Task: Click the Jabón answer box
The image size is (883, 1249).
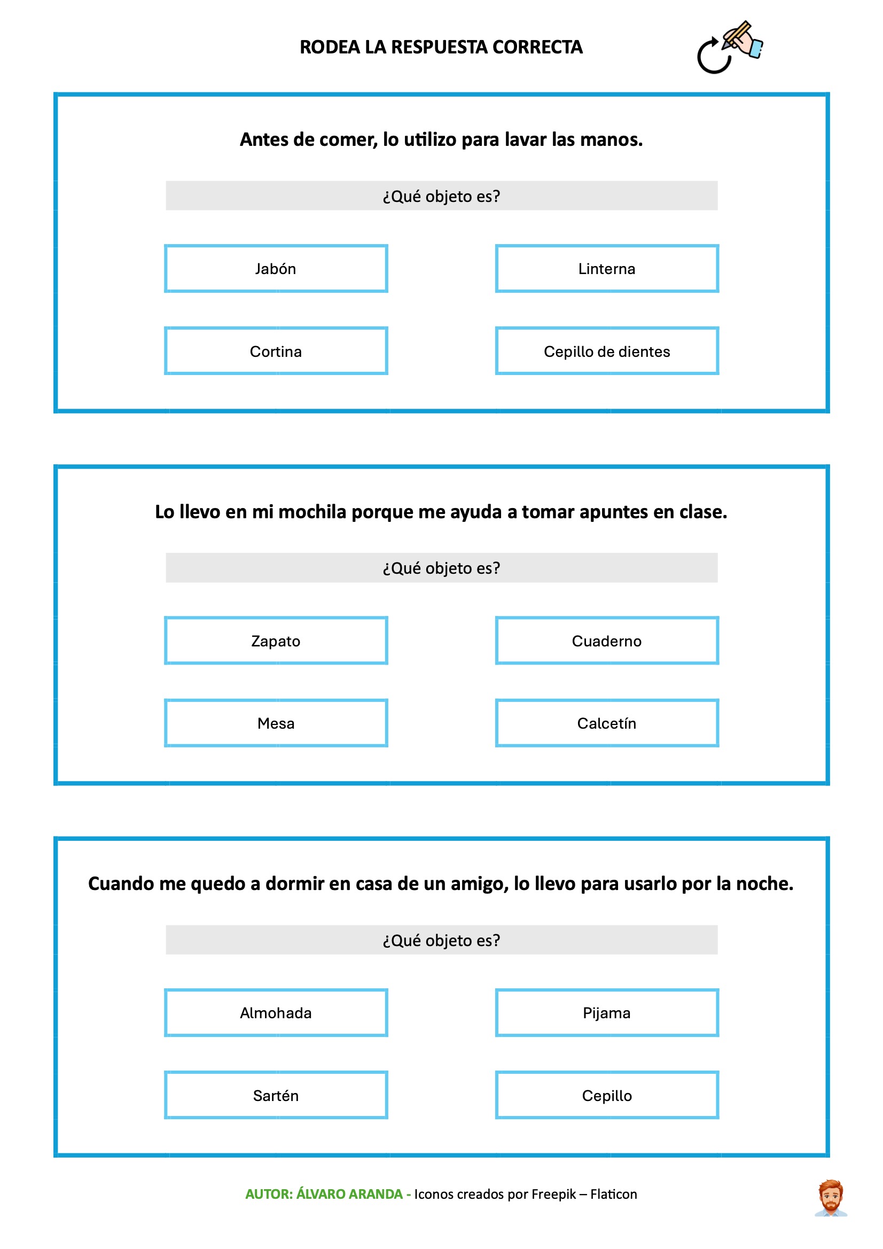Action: pos(276,269)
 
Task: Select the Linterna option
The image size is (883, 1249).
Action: pos(607,269)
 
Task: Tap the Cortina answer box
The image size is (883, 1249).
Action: pos(276,352)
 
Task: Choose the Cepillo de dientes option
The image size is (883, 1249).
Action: pos(607,352)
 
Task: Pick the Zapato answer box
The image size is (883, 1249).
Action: pos(276,641)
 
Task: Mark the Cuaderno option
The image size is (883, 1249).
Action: pos(607,641)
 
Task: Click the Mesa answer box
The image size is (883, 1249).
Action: pos(276,723)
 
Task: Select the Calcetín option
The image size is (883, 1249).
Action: pos(607,723)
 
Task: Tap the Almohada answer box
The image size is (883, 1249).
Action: pos(276,1013)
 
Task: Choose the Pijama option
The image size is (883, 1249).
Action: pos(607,1013)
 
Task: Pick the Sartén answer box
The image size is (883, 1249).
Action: pos(276,1096)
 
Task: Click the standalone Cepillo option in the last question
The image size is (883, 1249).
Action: pos(607,1096)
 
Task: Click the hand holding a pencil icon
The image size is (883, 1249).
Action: pos(743,39)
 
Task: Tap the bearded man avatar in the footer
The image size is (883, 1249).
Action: pos(830,1198)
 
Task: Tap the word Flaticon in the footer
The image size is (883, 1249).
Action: pos(613,1194)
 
